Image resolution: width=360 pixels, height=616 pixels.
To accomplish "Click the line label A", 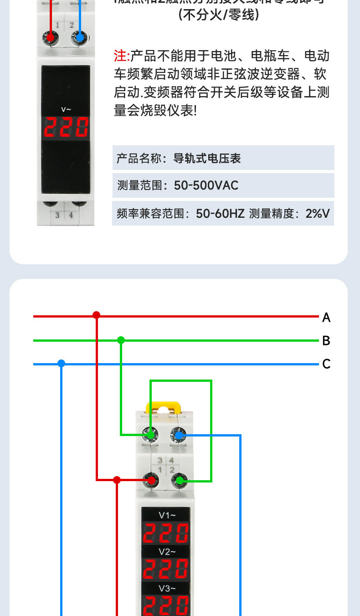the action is point(326,318).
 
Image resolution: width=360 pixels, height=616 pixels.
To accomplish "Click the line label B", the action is point(326,341).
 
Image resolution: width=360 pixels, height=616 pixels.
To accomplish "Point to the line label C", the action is point(326,364).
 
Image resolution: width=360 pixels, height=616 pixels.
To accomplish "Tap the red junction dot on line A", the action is point(96,315).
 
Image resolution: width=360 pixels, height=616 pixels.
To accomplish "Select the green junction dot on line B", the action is point(121,340).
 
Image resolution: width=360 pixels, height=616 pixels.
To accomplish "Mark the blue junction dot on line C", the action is point(62,363).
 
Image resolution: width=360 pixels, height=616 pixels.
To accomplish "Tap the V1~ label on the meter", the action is point(167,515).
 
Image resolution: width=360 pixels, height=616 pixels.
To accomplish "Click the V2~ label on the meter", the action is point(167,552).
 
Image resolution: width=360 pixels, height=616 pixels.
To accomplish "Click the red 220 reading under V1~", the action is point(166,533).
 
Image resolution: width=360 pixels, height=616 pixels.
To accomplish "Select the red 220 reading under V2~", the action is point(166,570).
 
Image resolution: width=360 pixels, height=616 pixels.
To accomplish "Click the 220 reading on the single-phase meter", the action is point(66,127).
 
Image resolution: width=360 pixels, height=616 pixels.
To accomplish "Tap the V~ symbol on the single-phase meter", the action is point(67,109).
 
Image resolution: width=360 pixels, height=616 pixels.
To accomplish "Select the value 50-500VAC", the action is point(206,185).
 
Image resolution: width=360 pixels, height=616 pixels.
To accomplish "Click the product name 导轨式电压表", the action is point(207,159).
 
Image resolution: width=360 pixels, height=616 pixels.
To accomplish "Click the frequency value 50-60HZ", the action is point(220,213).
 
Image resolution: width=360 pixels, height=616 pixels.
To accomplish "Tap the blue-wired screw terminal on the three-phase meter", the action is point(179,436).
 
